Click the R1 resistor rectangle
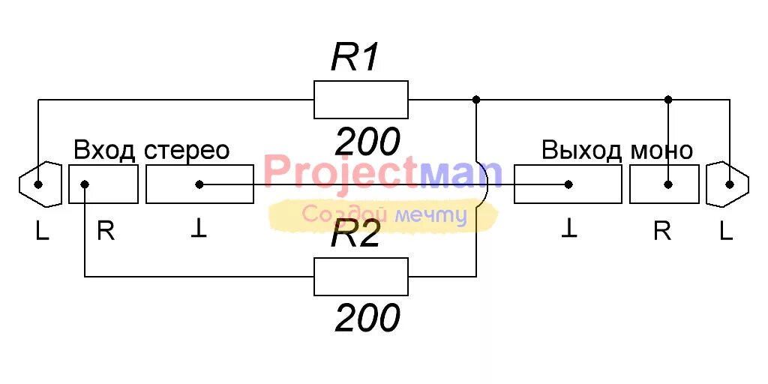click(361, 100)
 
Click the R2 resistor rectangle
click(361, 276)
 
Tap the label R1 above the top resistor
click(356, 58)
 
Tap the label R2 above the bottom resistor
click(356, 237)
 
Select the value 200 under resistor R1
click(367, 141)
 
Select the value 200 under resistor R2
click(367, 319)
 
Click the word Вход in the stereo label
click(104, 150)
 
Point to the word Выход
click(581, 150)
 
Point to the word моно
click(661, 150)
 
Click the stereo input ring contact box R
click(103, 184)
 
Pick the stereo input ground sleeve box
click(199, 184)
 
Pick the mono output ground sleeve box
click(568, 184)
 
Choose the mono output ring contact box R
click(664, 184)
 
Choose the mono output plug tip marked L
click(728, 184)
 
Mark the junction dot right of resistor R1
click(476, 99)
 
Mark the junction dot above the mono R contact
click(668, 99)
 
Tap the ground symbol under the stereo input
click(199, 230)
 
